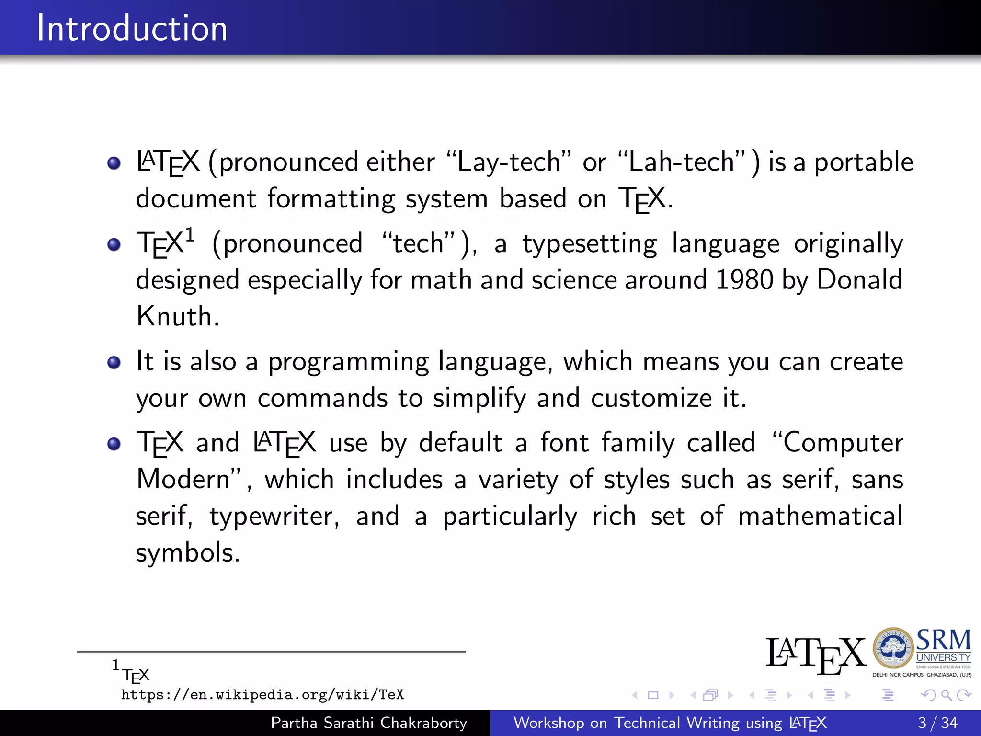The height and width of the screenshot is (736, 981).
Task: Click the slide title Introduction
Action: (132, 28)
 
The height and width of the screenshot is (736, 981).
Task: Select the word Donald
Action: (859, 279)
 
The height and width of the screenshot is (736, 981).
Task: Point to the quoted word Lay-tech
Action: (508, 162)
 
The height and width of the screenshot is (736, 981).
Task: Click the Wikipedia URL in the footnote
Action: (262, 695)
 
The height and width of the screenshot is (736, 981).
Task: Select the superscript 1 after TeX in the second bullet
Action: (190, 235)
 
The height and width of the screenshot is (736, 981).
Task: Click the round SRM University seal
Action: (893, 648)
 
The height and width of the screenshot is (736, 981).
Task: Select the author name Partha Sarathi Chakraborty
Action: (368, 723)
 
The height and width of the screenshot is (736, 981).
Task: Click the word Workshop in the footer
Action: (548, 723)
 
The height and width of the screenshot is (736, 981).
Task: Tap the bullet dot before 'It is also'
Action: (114, 362)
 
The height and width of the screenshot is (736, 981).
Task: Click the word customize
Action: (651, 398)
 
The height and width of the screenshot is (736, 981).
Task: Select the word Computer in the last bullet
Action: (843, 442)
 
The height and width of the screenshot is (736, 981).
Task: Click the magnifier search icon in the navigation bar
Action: (946, 695)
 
